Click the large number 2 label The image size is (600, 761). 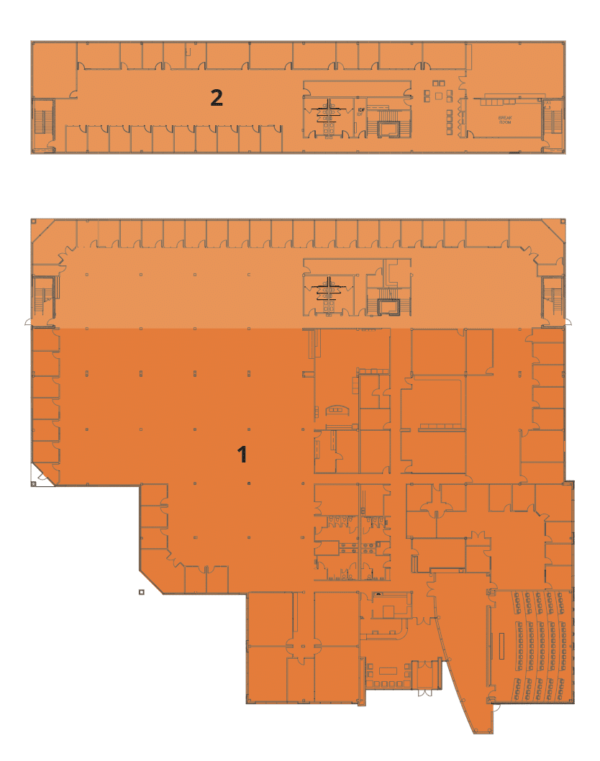[x=216, y=97]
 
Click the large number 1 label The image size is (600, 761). [x=243, y=454]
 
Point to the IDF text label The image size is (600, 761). [x=360, y=111]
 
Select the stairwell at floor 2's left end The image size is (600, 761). [x=44, y=119]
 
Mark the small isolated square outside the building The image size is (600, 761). [x=142, y=592]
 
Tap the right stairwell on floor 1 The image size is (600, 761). [x=553, y=296]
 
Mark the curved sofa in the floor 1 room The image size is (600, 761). [x=336, y=409]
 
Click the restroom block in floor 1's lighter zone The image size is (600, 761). [x=330, y=296]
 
